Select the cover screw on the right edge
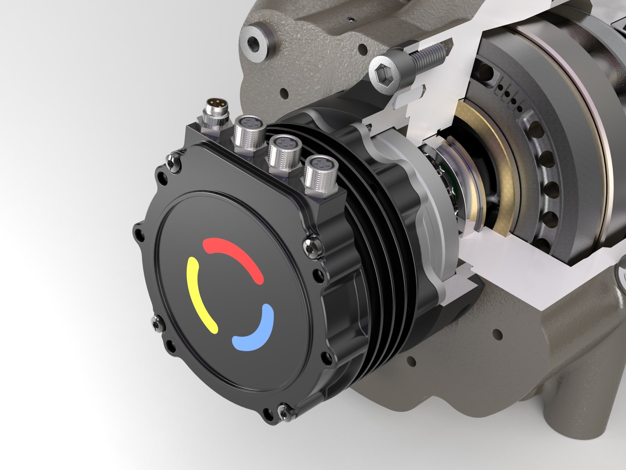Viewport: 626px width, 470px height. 312,244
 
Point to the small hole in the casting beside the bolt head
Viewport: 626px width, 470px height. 363,49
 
